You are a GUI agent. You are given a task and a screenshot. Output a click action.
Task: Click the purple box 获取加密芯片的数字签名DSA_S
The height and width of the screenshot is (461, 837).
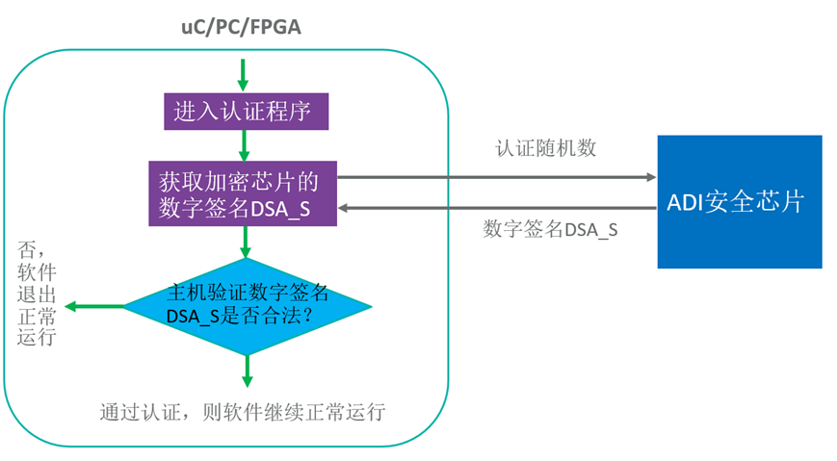[x=242, y=193]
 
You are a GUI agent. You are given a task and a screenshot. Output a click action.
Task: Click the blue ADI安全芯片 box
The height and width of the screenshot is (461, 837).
[x=739, y=202]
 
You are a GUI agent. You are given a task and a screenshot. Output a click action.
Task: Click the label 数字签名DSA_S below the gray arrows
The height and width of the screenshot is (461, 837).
[x=550, y=230]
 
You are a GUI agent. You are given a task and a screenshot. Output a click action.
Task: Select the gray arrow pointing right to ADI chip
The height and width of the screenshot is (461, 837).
[x=496, y=177]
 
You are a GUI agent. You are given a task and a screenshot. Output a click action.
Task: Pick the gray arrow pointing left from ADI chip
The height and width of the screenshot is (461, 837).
[x=496, y=207]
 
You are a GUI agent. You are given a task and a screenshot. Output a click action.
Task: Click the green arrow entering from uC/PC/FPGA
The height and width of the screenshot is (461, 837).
[x=243, y=73]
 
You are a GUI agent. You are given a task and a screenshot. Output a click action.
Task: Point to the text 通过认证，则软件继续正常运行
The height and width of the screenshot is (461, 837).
[x=242, y=413]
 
